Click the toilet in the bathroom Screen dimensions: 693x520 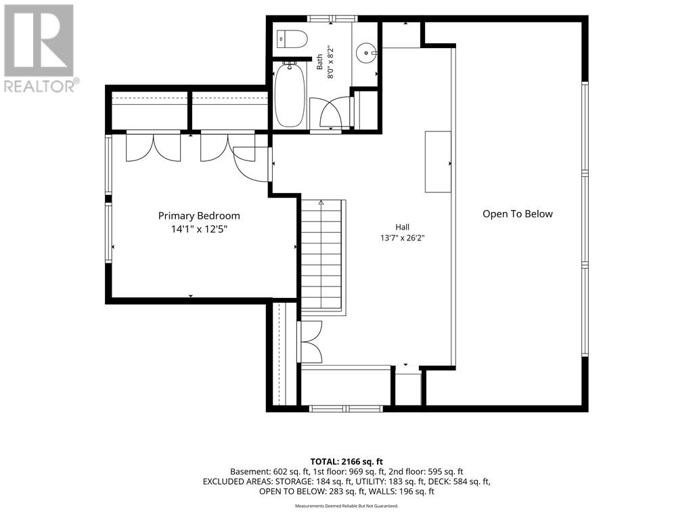click(292, 39)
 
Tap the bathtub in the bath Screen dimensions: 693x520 click(290, 94)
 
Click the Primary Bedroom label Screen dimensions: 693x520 click(199, 216)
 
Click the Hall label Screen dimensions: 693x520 click(402, 227)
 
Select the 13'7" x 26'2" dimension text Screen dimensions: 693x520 click(402, 238)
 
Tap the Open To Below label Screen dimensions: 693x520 click(518, 214)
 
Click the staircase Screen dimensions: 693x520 click(323, 257)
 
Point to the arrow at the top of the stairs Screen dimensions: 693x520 click(321, 203)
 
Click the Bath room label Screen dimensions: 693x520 click(319, 62)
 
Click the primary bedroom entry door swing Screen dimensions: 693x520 click(251, 164)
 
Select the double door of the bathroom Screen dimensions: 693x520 click(330, 113)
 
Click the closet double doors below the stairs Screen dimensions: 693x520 click(311, 342)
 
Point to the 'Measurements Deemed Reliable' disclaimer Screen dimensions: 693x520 click(346, 506)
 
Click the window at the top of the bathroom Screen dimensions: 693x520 click(332, 18)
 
